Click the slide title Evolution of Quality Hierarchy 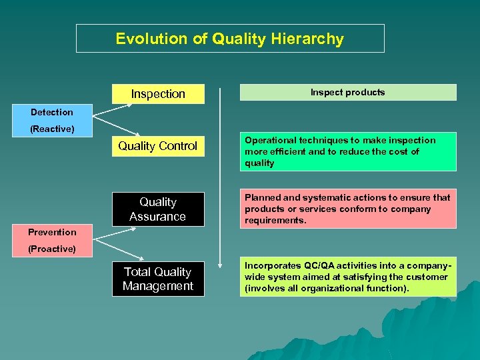230,39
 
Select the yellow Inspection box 158,94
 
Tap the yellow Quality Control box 158,146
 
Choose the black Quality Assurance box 158,209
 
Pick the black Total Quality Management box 158,279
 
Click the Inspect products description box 347,92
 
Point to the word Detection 52,112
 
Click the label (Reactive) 52,128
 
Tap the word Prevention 52,232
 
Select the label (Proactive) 52,249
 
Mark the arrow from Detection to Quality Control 117,127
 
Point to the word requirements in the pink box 275,220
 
